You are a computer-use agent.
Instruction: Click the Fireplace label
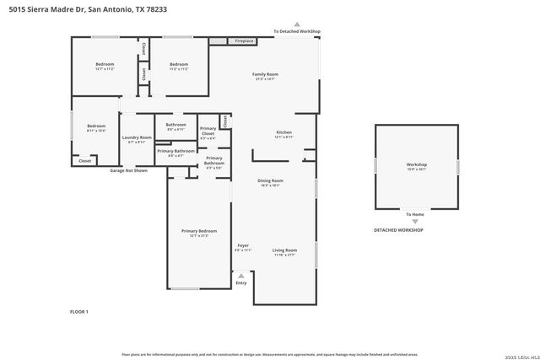coord(245,40)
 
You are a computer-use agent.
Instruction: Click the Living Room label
coord(284,251)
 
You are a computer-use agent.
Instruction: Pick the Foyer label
coord(242,247)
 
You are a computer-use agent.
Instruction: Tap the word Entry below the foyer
coord(241,282)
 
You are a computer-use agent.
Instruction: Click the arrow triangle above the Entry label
coord(241,275)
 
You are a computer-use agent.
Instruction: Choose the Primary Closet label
coord(208,132)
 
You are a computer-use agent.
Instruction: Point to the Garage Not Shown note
coord(128,170)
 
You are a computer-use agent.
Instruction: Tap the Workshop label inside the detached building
coord(417,165)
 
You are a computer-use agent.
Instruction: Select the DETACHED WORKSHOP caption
coord(398,230)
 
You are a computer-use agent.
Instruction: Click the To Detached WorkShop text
coord(297,31)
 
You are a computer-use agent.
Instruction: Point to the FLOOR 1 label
coord(78,312)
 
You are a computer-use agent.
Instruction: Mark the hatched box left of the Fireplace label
coord(219,40)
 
